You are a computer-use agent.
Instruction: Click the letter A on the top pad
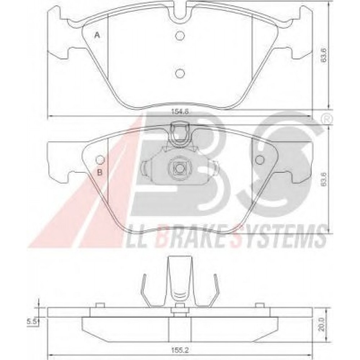[97, 35]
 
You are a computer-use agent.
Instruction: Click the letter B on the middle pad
[100, 172]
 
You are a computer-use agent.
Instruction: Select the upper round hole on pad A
[180, 35]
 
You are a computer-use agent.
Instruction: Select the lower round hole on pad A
[180, 73]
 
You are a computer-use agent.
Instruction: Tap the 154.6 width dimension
[180, 112]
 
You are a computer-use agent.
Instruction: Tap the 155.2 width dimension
[180, 350]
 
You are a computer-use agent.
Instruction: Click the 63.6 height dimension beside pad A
[324, 56]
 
